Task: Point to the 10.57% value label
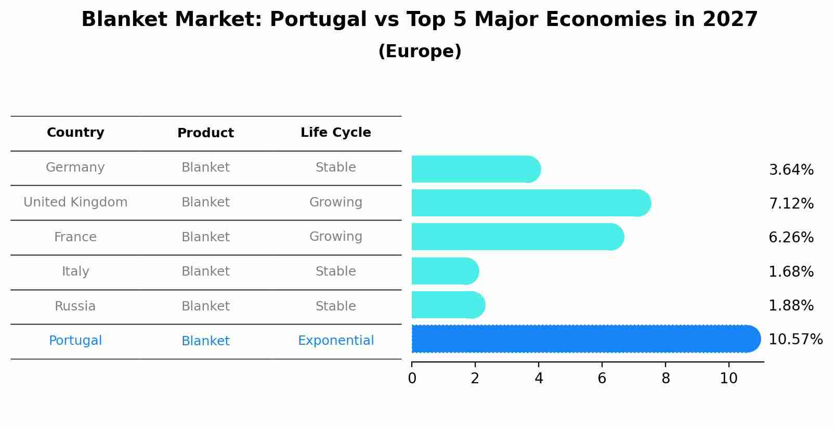tap(795, 340)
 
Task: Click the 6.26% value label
tap(791, 238)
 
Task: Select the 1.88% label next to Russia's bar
tap(791, 306)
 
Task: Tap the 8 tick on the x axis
tap(666, 379)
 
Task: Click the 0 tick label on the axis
tap(412, 379)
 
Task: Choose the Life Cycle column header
tap(335, 133)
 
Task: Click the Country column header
tap(75, 133)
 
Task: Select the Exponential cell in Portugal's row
tap(335, 341)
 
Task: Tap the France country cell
tap(75, 237)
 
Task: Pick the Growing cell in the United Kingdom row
tap(335, 202)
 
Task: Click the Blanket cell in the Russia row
tap(205, 306)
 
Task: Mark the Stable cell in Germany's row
tap(335, 167)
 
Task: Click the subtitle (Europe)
tap(420, 51)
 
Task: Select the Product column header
tap(205, 133)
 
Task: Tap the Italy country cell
tap(75, 271)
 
